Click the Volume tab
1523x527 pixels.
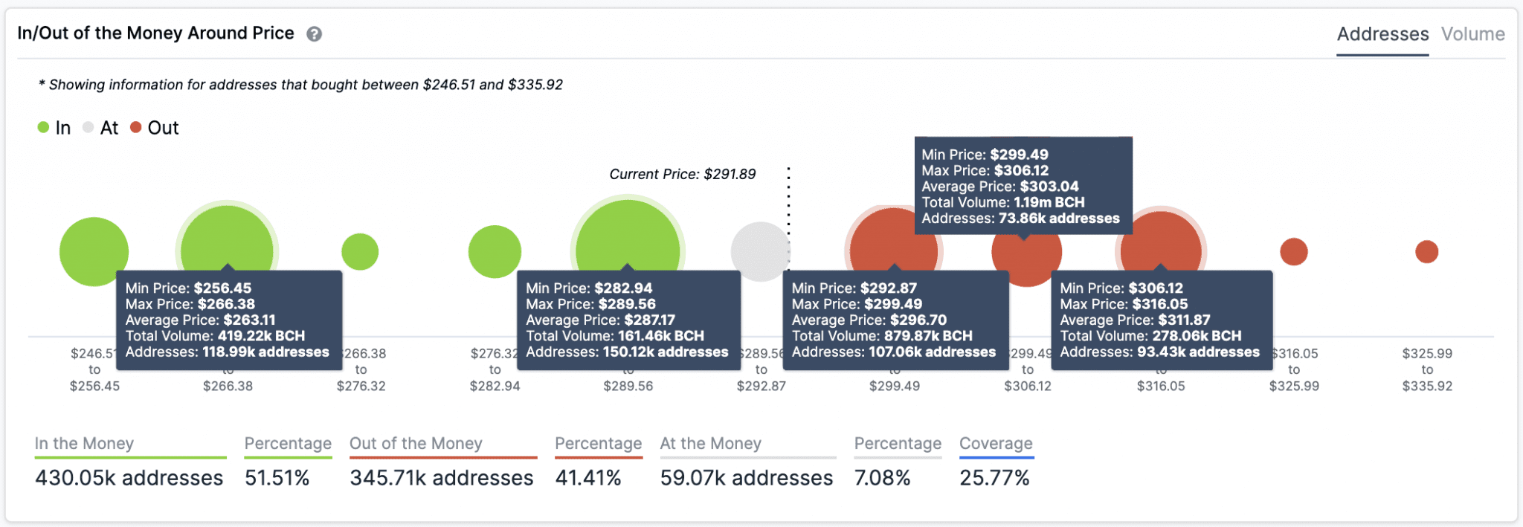point(1472,34)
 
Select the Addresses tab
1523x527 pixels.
point(1382,34)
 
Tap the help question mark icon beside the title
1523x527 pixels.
point(315,34)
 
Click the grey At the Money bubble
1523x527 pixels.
point(759,251)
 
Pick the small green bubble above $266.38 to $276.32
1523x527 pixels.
point(360,252)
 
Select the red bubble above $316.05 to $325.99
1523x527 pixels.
point(1293,252)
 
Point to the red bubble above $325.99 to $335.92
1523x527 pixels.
point(1426,252)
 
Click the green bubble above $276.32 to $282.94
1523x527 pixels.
point(495,252)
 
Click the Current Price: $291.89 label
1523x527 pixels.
point(682,174)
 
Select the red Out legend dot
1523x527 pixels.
point(136,127)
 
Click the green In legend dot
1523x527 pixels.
point(43,127)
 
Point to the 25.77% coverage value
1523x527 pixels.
point(994,478)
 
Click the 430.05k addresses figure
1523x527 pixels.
point(129,478)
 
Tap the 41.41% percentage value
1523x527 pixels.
point(587,478)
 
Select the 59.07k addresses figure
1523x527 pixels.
point(746,478)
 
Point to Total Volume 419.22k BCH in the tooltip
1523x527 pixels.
point(215,336)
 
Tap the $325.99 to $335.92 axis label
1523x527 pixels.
point(1427,369)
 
